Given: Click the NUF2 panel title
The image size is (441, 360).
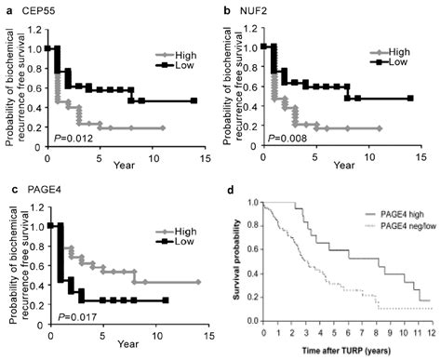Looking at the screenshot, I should click(256, 9).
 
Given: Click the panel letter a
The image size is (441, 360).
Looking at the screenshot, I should click(7, 9).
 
